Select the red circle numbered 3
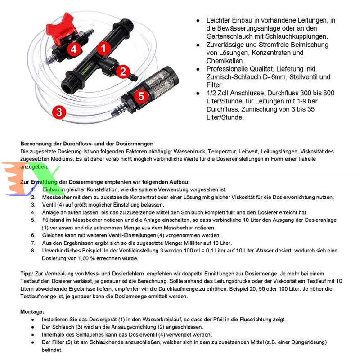tap(60, 111)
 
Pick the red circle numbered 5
tap(141, 97)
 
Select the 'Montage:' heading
tap(32, 311)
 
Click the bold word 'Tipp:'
tap(27, 273)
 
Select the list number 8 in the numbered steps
tap(33, 251)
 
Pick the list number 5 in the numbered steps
tap(33, 220)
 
